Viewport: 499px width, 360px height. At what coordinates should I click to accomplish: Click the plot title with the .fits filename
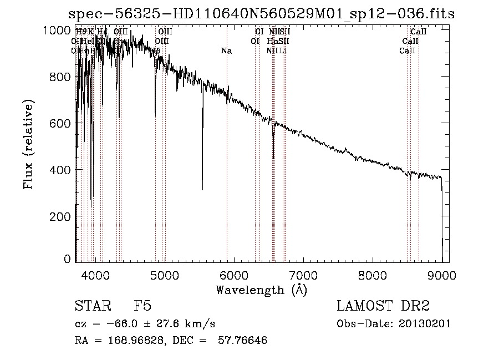click(x=261, y=14)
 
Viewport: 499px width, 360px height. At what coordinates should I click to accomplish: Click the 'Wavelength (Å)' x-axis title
click(x=261, y=290)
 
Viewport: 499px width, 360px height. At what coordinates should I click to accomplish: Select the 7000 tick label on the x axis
click(x=303, y=275)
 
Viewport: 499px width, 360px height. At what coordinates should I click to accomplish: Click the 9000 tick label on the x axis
click(x=442, y=275)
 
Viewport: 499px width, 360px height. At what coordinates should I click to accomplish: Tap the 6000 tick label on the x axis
click(x=234, y=275)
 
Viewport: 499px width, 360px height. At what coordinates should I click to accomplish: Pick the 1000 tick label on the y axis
click(x=57, y=31)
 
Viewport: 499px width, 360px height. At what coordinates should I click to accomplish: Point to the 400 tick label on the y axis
click(x=61, y=169)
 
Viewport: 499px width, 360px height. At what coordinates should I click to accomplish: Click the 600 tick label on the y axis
click(x=61, y=123)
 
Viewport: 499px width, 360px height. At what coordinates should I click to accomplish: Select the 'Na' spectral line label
click(x=226, y=51)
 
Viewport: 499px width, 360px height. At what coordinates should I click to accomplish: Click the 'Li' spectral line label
click(x=283, y=51)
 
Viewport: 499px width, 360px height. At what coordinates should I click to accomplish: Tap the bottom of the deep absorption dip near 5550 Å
click(x=202, y=189)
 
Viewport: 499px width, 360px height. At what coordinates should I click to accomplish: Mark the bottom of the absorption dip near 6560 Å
click(x=273, y=158)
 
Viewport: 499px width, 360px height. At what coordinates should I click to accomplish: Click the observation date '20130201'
click(x=425, y=323)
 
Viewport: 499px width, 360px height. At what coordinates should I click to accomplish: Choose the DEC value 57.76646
click(x=243, y=341)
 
